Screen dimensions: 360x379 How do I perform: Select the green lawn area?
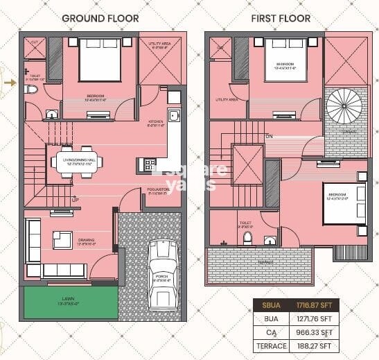(71, 303)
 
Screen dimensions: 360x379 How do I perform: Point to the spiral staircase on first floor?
(344, 106)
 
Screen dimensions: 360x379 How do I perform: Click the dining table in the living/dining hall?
(76, 162)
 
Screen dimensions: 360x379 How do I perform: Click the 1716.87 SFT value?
(316, 305)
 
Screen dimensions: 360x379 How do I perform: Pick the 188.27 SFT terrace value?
(316, 345)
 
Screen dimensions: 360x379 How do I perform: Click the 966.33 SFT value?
(316, 332)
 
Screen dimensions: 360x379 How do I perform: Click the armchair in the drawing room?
(62, 239)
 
